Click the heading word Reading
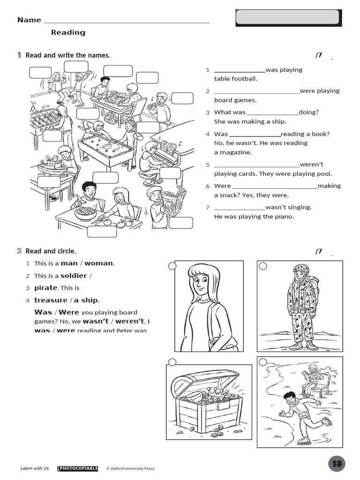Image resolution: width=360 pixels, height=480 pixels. [x=68, y=32]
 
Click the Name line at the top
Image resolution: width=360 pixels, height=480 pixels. [x=127, y=22]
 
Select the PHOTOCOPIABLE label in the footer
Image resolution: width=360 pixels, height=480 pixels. [x=78, y=468]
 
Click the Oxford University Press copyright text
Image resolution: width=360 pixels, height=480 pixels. [x=130, y=468]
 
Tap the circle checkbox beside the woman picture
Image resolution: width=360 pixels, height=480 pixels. [x=172, y=266]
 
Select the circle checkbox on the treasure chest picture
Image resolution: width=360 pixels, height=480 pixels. [x=172, y=362]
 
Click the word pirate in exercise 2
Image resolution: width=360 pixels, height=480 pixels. [x=45, y=288]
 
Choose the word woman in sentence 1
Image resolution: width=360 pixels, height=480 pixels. [x=98, y=263]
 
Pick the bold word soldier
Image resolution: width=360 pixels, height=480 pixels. [x=74, y=276]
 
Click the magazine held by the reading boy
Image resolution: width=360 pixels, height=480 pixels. [x=174, y=202]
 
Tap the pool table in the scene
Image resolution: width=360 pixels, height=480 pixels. [x=106, y=150]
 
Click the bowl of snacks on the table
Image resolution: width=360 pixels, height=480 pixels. [x=85, y=213]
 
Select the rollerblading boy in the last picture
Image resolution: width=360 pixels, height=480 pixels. [x=300, y=412]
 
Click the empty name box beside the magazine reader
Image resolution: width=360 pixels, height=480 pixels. [x=180, y=223]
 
